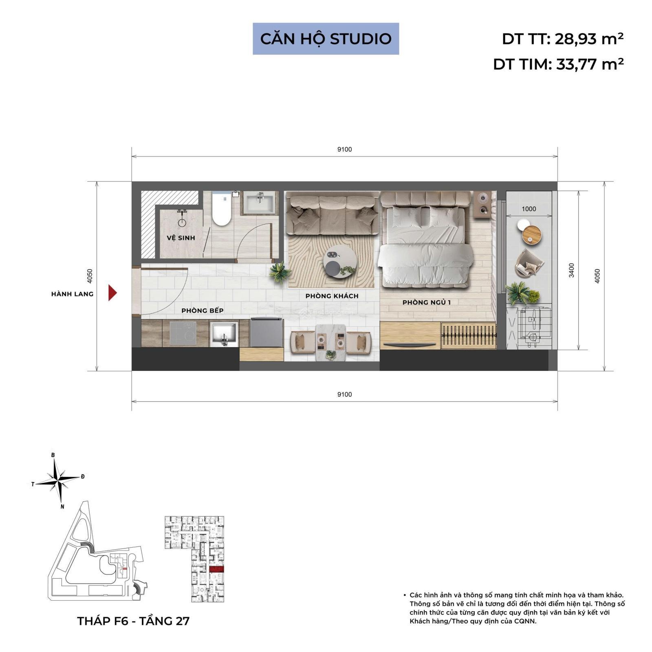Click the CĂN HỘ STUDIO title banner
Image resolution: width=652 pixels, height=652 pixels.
pyautogui.click(x=326, y=39)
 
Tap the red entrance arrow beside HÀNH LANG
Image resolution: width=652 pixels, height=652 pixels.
pyautogui.click(x=112, y=293)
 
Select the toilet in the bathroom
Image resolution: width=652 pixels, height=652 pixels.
pyautogui.click(x=222, y=209)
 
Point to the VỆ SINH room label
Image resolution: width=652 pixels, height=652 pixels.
pyautogui.click(x=181, y=238)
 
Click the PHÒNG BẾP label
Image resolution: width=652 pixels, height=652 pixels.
pyautogui.click(x=203, y=311)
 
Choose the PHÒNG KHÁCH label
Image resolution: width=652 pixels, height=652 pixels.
pyautogui.click(x=332, y=296)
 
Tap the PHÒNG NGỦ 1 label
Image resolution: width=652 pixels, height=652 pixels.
pyautogui.click(x=427, y=302)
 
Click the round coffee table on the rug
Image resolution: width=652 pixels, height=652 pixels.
pyautogui.click(x=339, y=262)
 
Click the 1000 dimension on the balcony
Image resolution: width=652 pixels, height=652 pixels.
pyautogui.click(x=529, y=209)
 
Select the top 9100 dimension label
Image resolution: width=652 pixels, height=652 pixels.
pyautogui.click(x=344, y=150)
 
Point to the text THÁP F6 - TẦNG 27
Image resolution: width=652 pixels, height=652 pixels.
pyautogui.click(x=133, y=621)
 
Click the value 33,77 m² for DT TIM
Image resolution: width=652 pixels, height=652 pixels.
pyautogui.click(x=590, y=64)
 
